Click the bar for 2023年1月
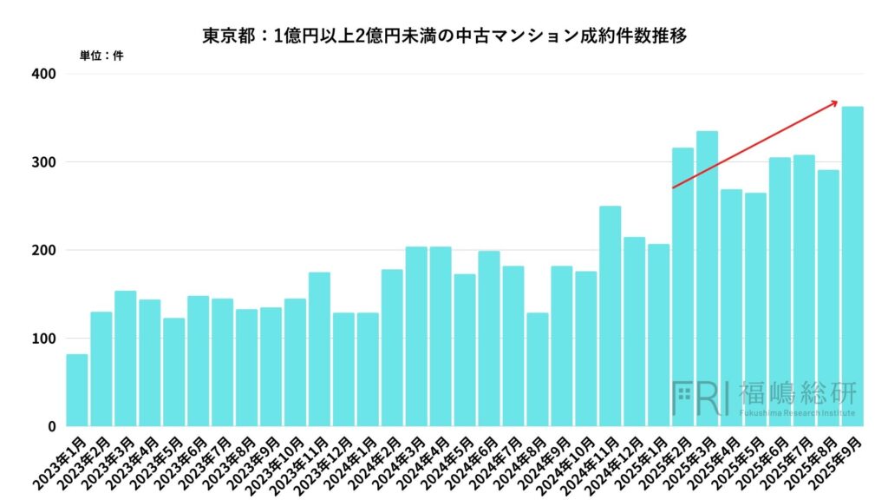[77, 390]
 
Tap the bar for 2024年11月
[610, 316]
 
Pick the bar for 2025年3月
[707, 279]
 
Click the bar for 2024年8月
[538, 369]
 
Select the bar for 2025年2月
[682, 286]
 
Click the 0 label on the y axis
[52, 426]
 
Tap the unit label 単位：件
[101, 56]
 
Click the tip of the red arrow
[838, 102]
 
